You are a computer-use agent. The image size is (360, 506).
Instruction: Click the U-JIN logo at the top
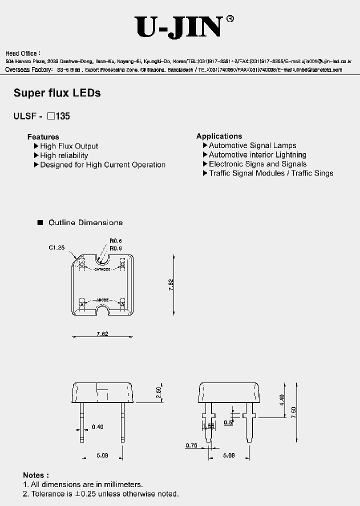click(x=178, y=27)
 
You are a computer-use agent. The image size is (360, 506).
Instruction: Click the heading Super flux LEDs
click(x=57, y=93)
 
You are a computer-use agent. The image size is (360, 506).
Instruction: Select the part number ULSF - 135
click(x=41, y=116)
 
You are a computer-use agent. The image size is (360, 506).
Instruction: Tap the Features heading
click(x=43, y=136)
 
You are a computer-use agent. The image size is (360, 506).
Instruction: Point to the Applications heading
click(x=219, y=136)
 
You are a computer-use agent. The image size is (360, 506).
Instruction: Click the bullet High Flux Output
click(x=69, y=146)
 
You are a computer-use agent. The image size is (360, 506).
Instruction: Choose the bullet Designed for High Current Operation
click(x=102, y=164)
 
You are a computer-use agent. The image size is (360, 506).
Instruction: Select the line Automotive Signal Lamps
click(x=252, y=145)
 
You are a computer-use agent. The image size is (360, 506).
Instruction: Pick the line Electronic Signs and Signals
click(x=257, y=164)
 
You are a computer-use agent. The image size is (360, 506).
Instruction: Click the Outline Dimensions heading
click(x=85, y=222)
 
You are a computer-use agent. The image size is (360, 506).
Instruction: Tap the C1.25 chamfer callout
click(x=56, y=247)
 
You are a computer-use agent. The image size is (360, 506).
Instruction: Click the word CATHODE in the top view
click(x=103, y=269)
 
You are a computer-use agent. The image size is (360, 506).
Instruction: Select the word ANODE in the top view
click(x=103, y=299)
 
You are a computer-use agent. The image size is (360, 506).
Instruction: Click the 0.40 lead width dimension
click(x=97, y=426)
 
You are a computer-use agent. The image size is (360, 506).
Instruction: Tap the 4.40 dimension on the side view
click(x=281, y=399)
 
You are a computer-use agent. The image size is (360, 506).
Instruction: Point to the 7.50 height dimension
click(x=294, y=412)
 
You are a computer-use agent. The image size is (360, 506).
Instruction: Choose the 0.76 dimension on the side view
click(x=191, y=445)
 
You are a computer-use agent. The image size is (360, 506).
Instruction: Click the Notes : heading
click(x=36, y=475)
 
